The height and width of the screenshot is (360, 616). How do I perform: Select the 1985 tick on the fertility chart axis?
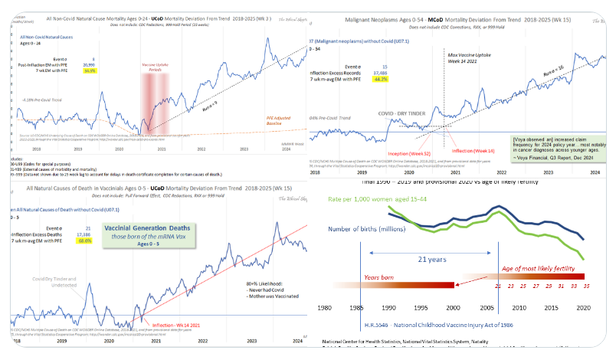tap(358, 308)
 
